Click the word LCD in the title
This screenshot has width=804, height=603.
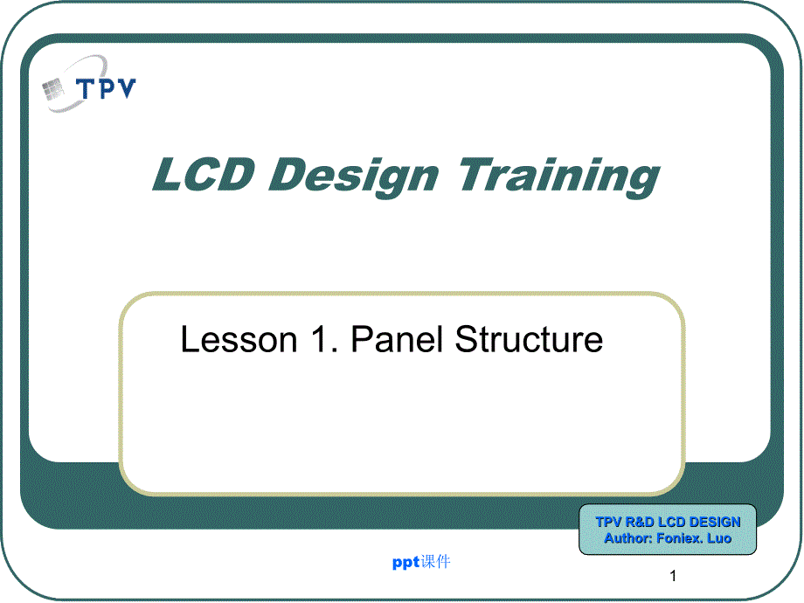point(204,174)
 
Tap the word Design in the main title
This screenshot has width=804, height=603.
point(354,177)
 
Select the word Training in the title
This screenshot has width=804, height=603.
point(559,177)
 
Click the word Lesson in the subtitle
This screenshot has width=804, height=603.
point(239,339)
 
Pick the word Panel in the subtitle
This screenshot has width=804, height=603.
point(397,338)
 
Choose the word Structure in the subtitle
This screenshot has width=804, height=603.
point(530,338)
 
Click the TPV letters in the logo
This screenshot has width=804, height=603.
point(106,88)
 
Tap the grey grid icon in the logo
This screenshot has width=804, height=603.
point(52,89)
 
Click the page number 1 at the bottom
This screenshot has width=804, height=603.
point(673,576)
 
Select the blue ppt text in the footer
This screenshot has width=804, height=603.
point(406,563)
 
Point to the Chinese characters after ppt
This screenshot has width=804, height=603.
point(436,561)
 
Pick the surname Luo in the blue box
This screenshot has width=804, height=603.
point(719,538)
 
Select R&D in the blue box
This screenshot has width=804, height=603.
point(640,522)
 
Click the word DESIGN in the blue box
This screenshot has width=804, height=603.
point(715,522)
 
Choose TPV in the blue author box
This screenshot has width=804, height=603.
point(608,522)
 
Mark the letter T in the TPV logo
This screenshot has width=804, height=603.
point(85,89)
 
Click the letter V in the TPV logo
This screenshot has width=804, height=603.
point(127,87)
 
